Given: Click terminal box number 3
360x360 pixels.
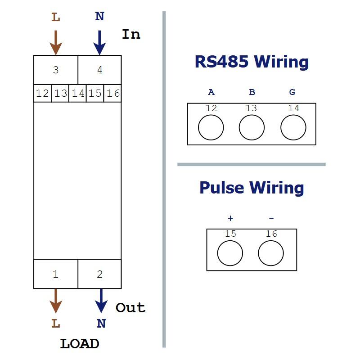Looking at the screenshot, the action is [56, 70].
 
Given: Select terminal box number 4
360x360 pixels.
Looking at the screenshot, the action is [99, 70].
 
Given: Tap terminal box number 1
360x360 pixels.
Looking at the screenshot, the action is [56, 274].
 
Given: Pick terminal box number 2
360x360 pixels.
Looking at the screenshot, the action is [99, 274].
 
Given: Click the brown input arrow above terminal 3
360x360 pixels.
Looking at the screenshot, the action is [56, 43].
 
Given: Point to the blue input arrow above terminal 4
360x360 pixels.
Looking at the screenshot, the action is [99, 43].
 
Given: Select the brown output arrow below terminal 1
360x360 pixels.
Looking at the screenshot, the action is [56, 301].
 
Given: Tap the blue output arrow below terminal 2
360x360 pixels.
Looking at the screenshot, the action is [101, 301].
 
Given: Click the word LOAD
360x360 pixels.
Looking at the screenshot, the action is [80, 344].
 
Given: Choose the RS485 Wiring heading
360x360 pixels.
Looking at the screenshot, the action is [252, 62].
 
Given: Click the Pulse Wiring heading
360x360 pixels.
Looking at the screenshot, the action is [252, 188].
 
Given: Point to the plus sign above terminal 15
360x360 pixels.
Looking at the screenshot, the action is [230, 218].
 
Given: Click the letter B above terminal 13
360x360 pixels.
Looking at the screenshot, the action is [252, 92].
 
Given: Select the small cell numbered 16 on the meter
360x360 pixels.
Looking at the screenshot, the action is [112, 93].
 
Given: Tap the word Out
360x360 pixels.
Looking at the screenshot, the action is [130, 307].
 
